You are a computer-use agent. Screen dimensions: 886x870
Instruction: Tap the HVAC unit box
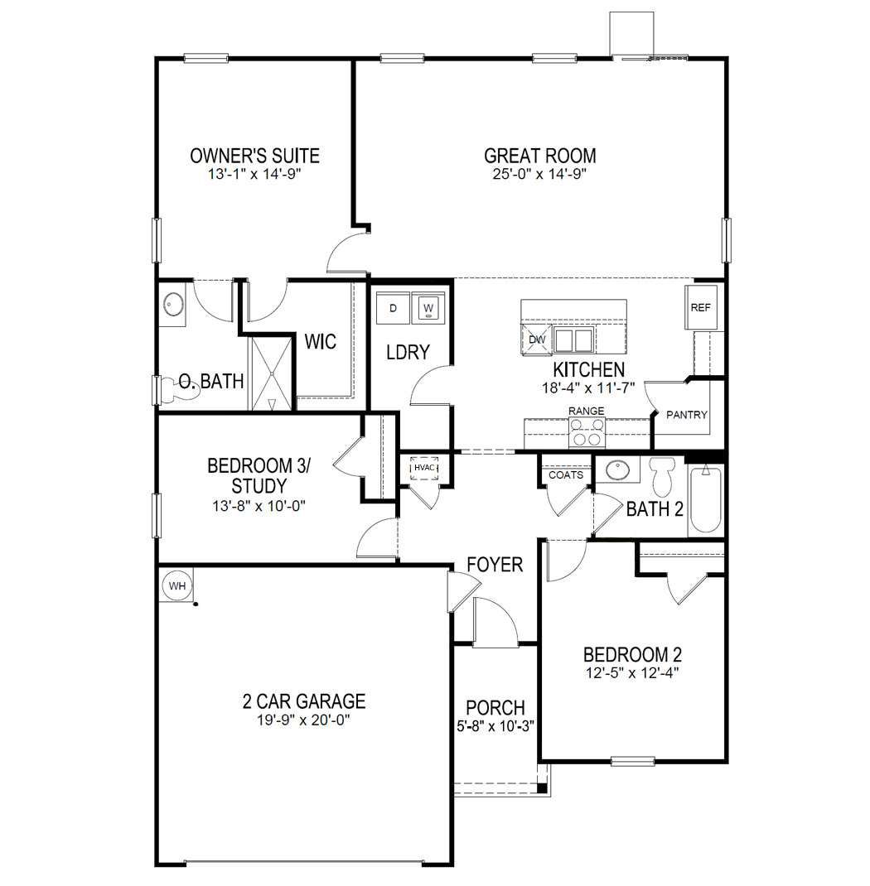coord(424,469)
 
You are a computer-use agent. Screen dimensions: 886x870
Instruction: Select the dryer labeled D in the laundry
coord(394,309)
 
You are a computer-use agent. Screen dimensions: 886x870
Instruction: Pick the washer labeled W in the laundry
coord(428,309)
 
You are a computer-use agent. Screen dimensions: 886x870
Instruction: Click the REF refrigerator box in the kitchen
coord(701,307)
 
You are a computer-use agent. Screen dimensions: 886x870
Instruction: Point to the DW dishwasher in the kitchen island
coord(536,338)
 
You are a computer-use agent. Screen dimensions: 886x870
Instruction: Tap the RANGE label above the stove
coord(586,411)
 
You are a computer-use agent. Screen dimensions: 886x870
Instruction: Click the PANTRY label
coord(687,415)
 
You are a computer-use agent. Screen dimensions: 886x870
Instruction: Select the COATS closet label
coord(565,475)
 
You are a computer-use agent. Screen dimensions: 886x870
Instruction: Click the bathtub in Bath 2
coord(705,498)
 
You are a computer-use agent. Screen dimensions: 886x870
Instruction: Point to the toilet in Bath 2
coord(664,476)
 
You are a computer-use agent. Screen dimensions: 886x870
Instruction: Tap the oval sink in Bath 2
coord(617,470)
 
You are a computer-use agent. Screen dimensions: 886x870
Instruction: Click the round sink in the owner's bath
coord(174,305)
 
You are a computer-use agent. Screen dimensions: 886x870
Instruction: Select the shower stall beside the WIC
coord(271,373)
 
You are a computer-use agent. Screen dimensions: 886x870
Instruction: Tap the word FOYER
coord(495,565)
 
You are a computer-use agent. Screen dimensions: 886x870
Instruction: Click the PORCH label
coord(495,708)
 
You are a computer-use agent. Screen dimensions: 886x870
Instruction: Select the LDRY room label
coord(408,352)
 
